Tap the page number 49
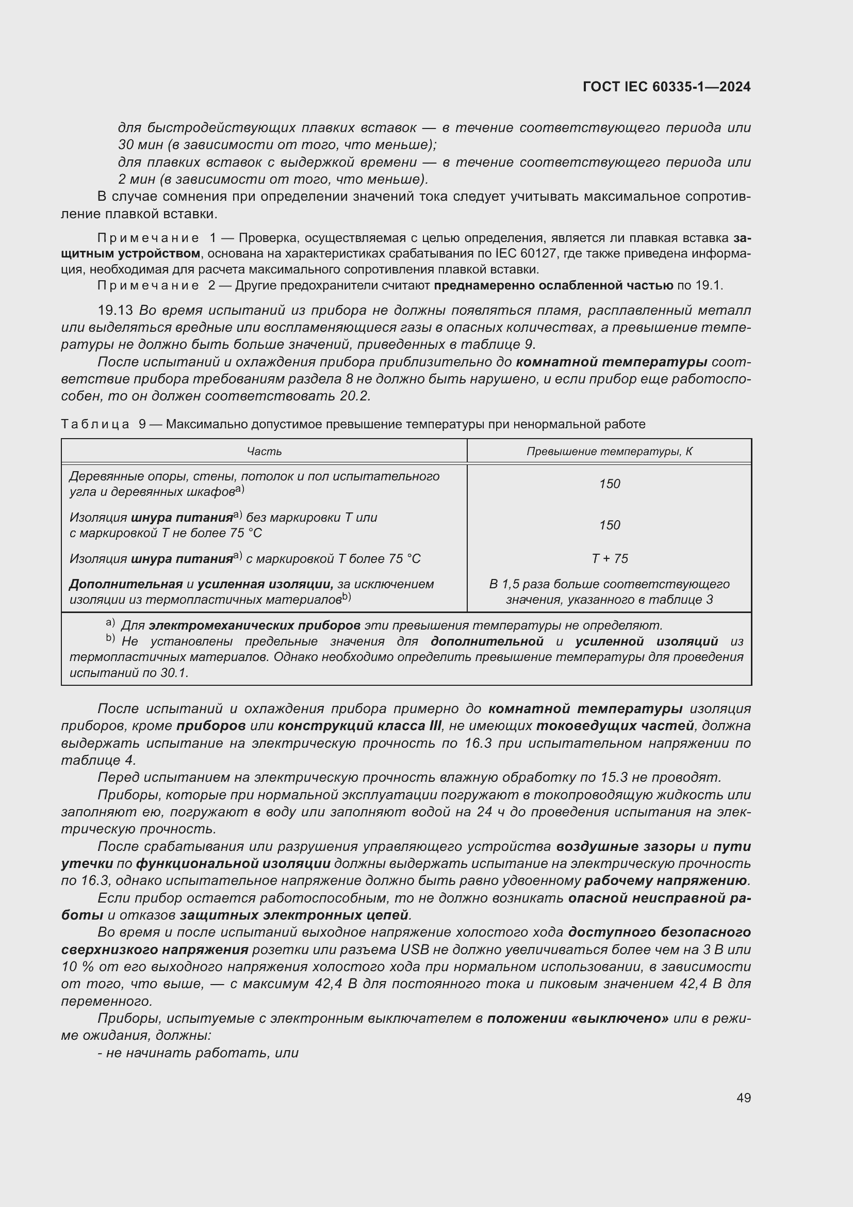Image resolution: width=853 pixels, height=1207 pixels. coord(743,1098)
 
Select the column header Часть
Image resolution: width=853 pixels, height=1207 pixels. coord(264,452)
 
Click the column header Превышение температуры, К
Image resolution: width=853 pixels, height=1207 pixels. coord(609,452)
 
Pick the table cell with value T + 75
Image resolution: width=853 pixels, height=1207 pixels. coord(609,558)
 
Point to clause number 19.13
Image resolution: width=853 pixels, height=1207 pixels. coord(116,311)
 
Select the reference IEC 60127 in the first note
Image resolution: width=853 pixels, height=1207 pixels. coord(527,254)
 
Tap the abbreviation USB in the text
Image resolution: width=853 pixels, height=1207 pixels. coord(415,950)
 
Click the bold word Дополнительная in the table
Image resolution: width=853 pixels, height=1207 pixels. coord(126,584)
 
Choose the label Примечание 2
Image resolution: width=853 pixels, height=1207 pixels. coord(156,285)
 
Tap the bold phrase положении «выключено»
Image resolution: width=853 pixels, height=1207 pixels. coord(578,1018)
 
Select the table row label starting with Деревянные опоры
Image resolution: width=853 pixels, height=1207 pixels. coord(254,484)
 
